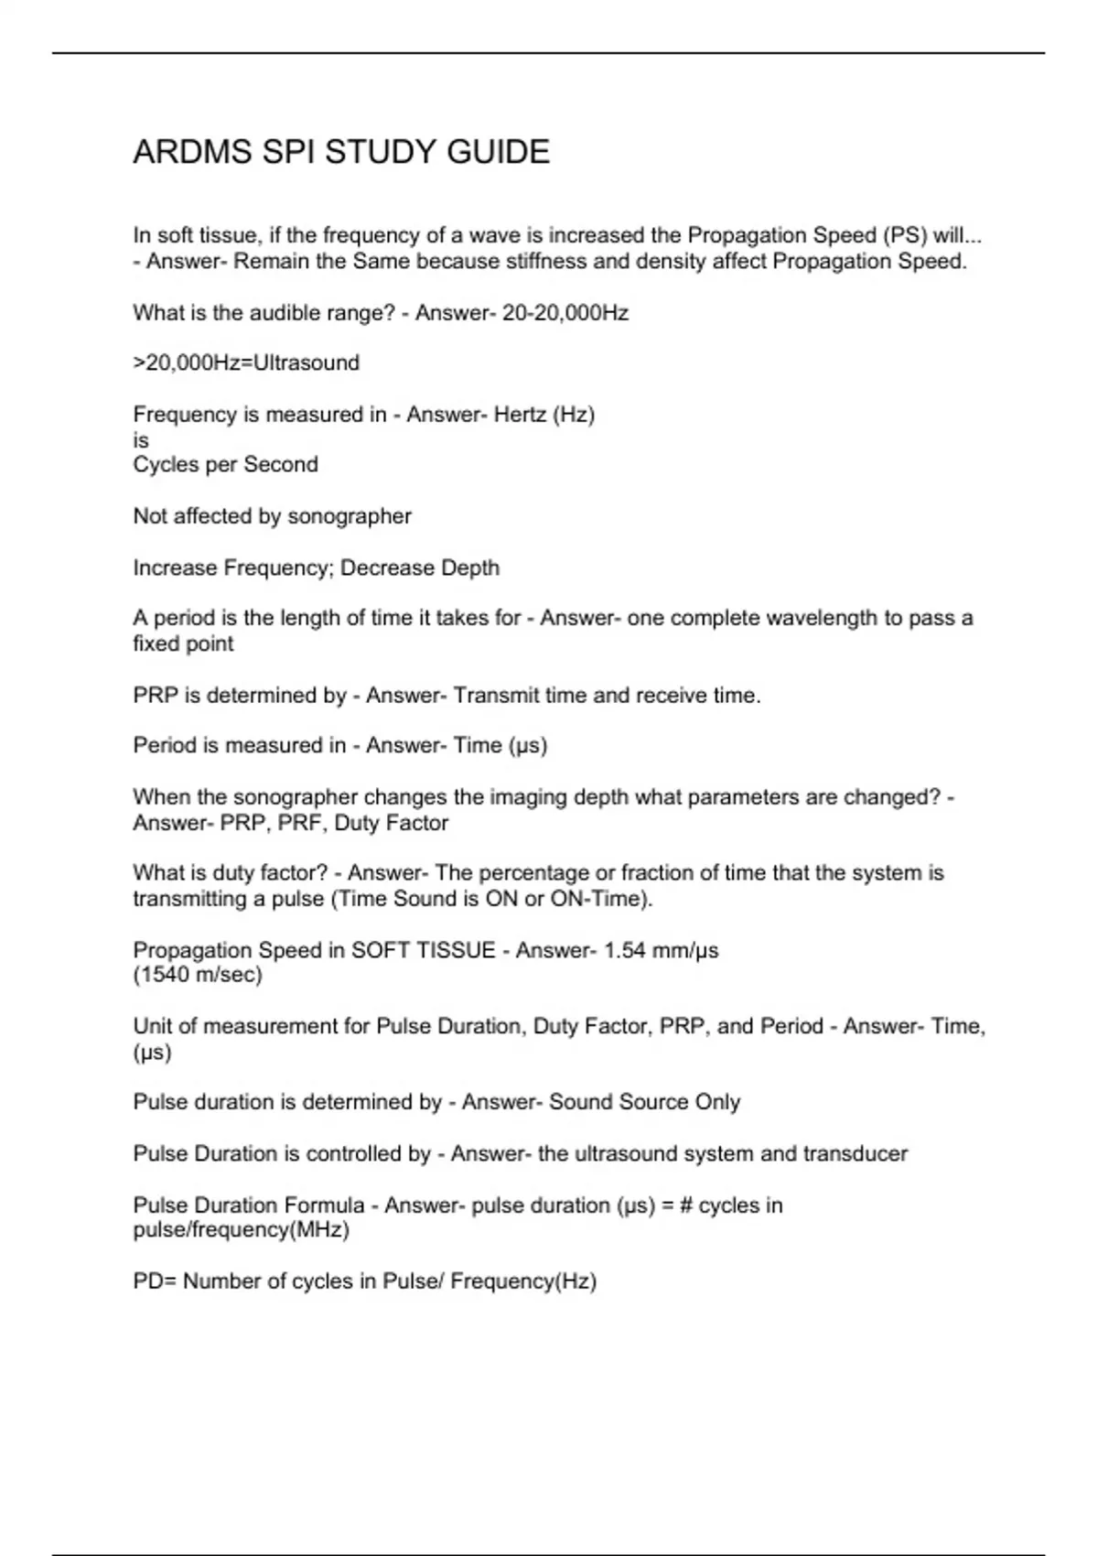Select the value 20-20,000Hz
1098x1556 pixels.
click(x=565, y=313)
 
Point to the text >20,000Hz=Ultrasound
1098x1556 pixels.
click(x=246, y=363)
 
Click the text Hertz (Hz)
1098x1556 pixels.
click(x=544, y=415)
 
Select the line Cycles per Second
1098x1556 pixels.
click(x=226, y=465)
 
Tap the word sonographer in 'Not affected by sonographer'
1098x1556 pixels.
click(x=350, y=516)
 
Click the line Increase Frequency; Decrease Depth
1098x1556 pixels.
click(x=317, y=567)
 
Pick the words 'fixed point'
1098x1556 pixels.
click(x=183, y=643)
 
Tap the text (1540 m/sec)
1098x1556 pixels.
click(x=198, y=975)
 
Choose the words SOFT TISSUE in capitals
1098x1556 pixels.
click(x=424, y=950)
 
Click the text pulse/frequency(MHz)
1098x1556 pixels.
click(x=242, y=1229)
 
